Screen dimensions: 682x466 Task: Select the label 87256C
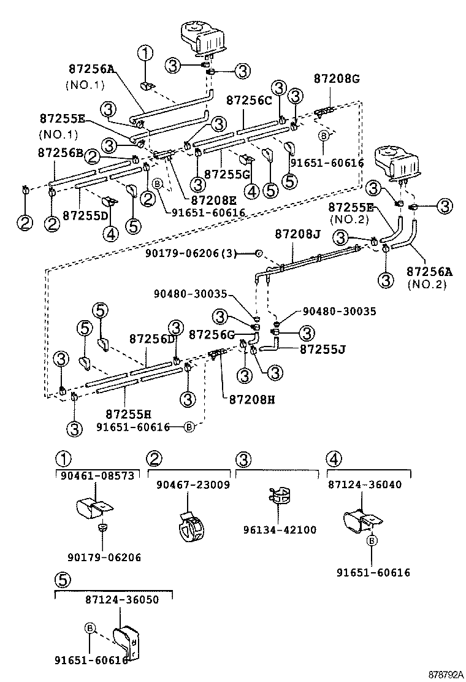(248, 100)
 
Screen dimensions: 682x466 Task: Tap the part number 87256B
(59, 152)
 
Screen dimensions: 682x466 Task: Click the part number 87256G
(212, 334)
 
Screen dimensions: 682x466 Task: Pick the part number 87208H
(251, 399)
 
